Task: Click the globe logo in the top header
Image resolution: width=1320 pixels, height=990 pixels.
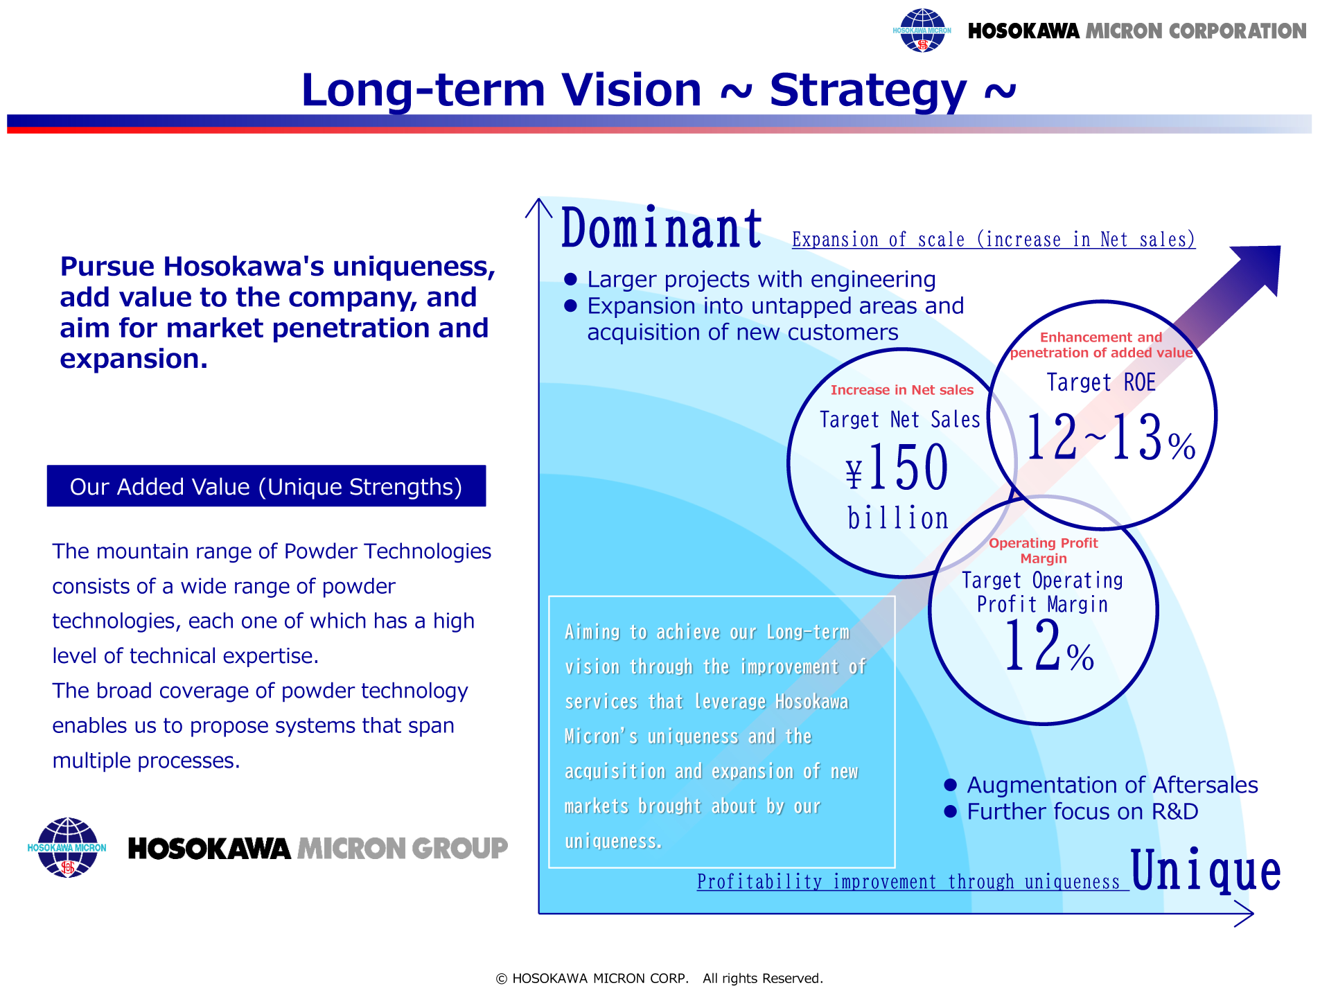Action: (922, 30)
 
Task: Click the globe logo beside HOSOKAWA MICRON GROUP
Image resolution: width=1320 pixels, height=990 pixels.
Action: (67, 847)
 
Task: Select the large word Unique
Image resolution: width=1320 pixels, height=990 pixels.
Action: (1206, 869)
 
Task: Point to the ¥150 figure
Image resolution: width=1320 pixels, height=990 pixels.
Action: (897, 468)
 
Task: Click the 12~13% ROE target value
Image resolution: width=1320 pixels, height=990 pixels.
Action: (1111, 436)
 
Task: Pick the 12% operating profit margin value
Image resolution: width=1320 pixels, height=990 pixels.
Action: (1048, 646)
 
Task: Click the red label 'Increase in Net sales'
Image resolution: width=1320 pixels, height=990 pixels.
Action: (902, 390)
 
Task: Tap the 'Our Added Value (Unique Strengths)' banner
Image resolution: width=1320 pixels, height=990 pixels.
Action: (266, 486)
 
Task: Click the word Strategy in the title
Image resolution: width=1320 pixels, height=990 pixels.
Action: (868, 91)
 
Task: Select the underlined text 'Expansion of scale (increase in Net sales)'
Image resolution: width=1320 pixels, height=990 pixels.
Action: (994, 240)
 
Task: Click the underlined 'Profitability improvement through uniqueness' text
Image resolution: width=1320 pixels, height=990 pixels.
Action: (909, 882)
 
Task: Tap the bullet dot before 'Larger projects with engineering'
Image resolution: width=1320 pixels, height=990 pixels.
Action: (571, 279)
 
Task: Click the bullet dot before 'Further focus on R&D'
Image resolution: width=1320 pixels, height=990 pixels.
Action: (951, 811)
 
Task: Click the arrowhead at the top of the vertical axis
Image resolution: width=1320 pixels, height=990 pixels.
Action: (539, 207)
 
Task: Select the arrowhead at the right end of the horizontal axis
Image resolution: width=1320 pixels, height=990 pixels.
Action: (1245, 914)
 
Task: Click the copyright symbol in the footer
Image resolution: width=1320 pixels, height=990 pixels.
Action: (502, 978)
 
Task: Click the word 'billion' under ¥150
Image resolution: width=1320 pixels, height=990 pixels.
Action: (898, 518)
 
